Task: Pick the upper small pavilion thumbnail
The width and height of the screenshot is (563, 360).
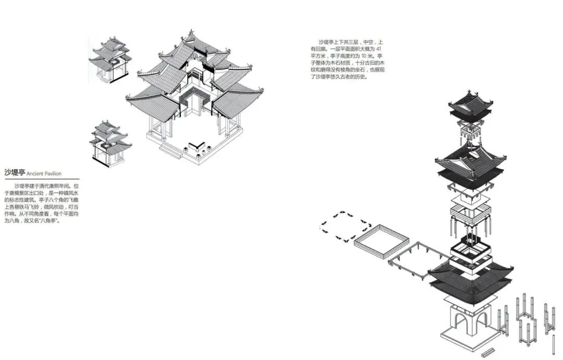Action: (111, 59)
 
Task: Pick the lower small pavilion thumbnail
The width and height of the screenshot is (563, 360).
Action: (110, 141)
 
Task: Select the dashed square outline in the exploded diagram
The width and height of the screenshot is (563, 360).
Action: (345, 226)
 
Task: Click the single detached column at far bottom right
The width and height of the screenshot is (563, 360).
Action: (554, 344)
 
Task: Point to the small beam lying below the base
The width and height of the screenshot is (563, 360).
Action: (490, 353)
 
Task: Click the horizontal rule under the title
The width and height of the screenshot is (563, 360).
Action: (42, 179)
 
